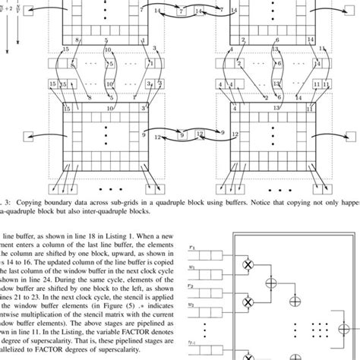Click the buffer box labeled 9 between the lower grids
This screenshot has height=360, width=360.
click(182, 134)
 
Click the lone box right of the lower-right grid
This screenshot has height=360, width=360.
click(350, 137)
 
